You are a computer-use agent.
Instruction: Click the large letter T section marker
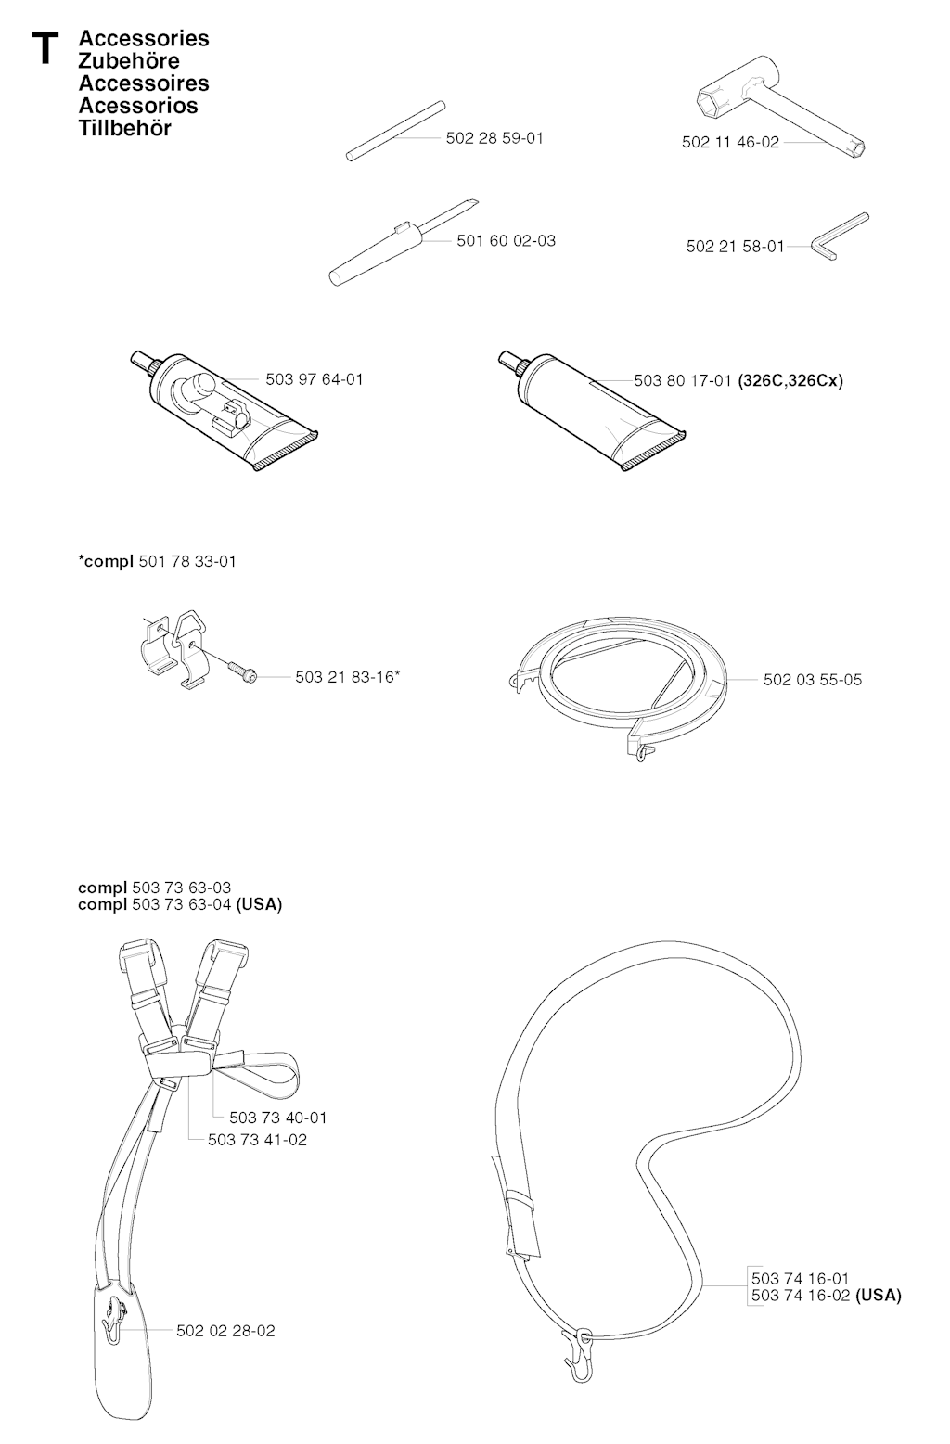point(45,49)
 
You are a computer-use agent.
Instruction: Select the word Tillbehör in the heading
point(125,128)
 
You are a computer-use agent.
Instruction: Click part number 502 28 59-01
point(494,138)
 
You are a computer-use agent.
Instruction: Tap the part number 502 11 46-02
point(731,142)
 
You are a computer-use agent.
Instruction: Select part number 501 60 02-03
point(507,240)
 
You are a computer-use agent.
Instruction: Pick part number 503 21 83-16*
point(348,677)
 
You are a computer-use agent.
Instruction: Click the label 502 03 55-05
point(813,680)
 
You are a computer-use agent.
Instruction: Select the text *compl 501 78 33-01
point(158,561)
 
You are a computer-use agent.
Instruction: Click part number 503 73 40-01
point(278,1118)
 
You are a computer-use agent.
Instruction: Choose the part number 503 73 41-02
point(257,1140)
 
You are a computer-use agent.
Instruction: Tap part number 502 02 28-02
point(225,1331)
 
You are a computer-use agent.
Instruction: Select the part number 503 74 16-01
point(801,1278)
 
